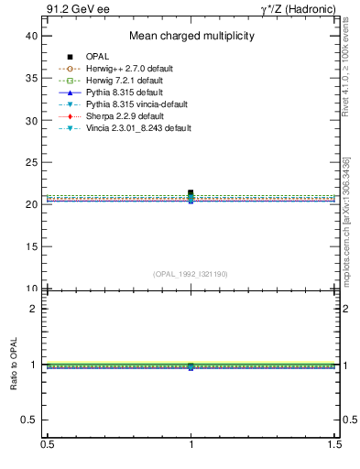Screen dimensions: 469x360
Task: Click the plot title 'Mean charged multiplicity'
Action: (191, 36)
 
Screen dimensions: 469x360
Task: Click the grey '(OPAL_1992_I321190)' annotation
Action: (191, 274)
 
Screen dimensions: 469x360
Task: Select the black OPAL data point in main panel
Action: (191, 192)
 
